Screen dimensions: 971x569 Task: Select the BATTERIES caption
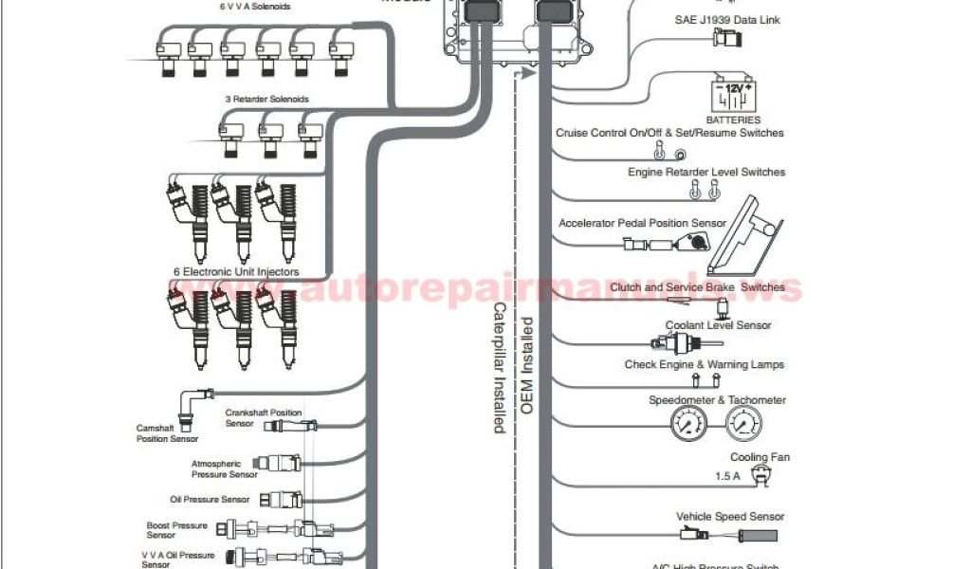733,120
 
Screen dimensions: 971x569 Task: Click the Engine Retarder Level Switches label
706,172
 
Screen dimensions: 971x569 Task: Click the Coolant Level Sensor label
718,325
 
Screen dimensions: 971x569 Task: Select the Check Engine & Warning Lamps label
704,364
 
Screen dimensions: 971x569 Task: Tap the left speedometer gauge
694,425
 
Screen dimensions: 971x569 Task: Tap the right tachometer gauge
746,425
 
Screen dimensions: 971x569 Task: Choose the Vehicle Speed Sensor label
730,517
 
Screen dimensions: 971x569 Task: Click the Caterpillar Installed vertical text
498,368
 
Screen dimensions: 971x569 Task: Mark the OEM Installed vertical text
527,364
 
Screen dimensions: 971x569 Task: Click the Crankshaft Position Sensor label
263,417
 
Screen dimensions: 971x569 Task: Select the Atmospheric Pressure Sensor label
224,468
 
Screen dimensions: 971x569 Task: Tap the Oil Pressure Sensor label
210,499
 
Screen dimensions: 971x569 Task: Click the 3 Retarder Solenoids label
266,99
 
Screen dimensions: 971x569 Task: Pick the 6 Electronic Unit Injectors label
235,271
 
